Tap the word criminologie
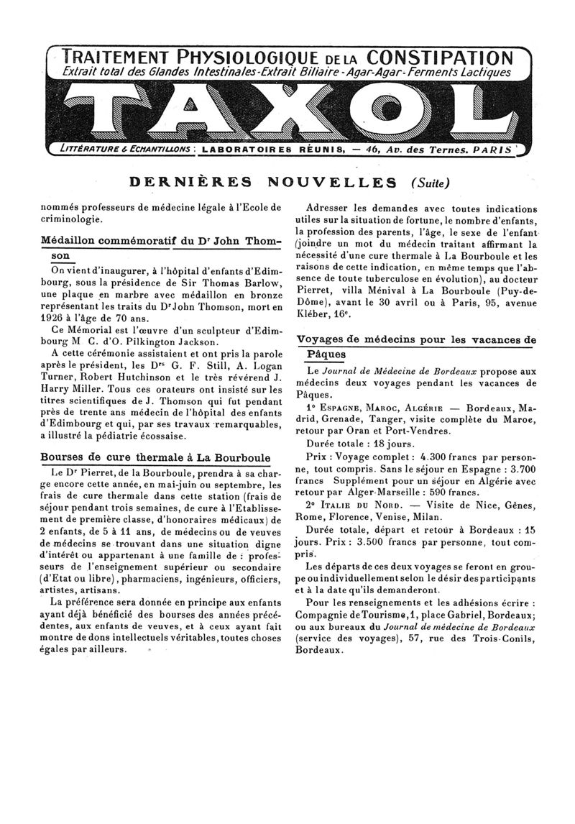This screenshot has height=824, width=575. [70, 219]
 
